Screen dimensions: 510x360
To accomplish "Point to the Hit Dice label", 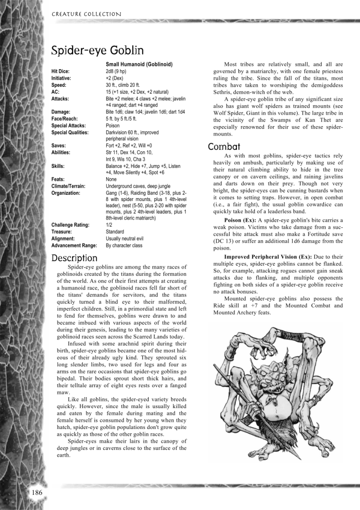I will coord(60,71).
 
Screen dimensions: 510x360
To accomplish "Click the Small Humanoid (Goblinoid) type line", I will coord(138,64).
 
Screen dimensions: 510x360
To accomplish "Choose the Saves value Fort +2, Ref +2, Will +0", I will coord(132,146).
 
